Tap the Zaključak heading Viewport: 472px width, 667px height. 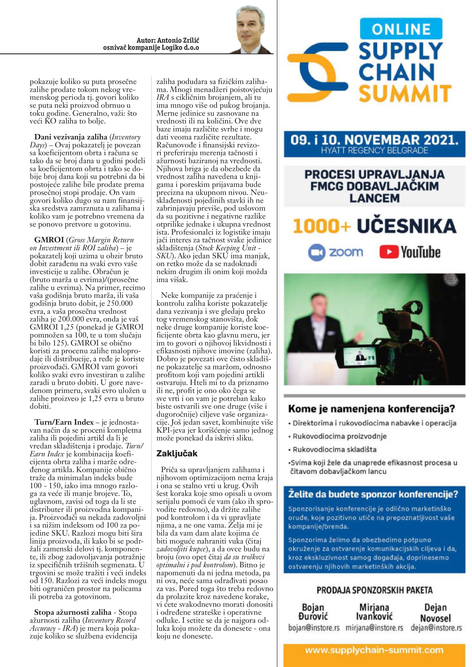(x=177, y=453)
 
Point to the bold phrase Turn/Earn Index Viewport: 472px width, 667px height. (x=64, y=422)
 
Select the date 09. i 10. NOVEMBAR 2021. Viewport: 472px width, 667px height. (x=374, y=140)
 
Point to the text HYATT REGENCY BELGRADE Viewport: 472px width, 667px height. (x=374, y=150)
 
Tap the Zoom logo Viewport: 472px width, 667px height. (x=336, y=252)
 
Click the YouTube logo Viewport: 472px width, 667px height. (x=410, y=252)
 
